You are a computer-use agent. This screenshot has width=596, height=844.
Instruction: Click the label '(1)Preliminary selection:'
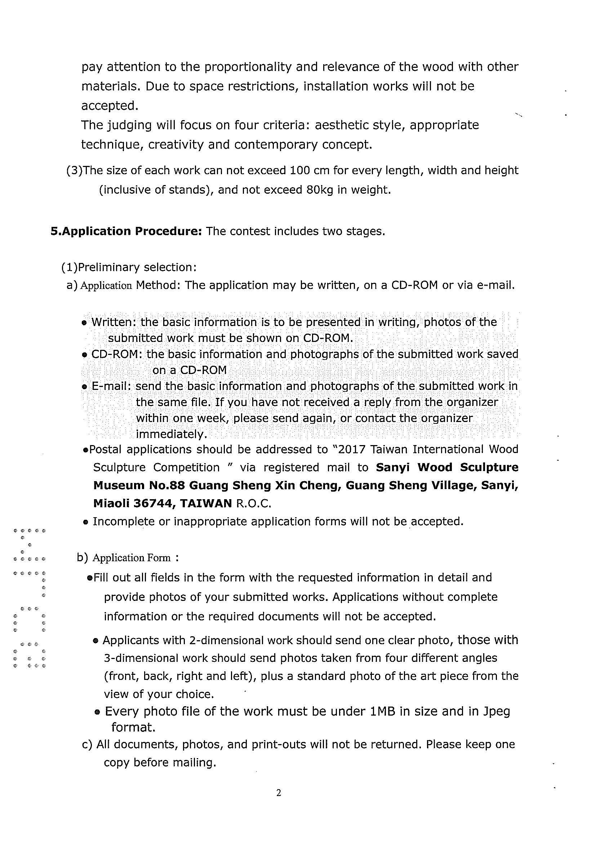[x=129, y=267]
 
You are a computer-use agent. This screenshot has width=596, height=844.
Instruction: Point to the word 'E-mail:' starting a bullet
[x=111, y=386]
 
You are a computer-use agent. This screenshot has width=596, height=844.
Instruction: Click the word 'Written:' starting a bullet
[x=114, y=322]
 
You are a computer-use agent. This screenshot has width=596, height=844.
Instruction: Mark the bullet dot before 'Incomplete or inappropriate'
[x=85, y=522]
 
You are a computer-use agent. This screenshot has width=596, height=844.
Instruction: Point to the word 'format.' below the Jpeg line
[x=133, y=727]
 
